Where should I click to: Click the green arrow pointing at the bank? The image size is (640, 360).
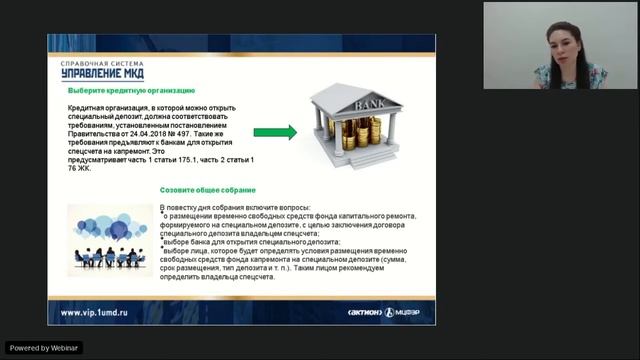(x=274, y=132)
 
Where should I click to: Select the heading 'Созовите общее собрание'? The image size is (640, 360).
(x=207, y=189)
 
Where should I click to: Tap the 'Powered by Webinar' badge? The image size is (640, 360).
(x=45, y=347)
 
